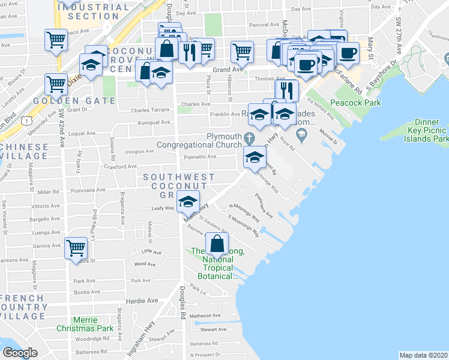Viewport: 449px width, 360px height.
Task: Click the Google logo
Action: [x=20, y=353]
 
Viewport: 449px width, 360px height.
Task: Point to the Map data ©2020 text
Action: [x=423, y=355]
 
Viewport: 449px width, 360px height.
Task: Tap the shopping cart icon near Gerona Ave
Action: [x=76, y=247]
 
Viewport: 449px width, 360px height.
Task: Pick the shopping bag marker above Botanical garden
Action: [x=217, y=244]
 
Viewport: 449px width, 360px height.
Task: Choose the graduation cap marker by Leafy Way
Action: [x=189, y=202]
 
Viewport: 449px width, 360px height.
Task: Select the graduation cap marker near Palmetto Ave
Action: [x=255, y=158]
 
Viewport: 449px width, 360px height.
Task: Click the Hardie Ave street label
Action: [x=142, y=300]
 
